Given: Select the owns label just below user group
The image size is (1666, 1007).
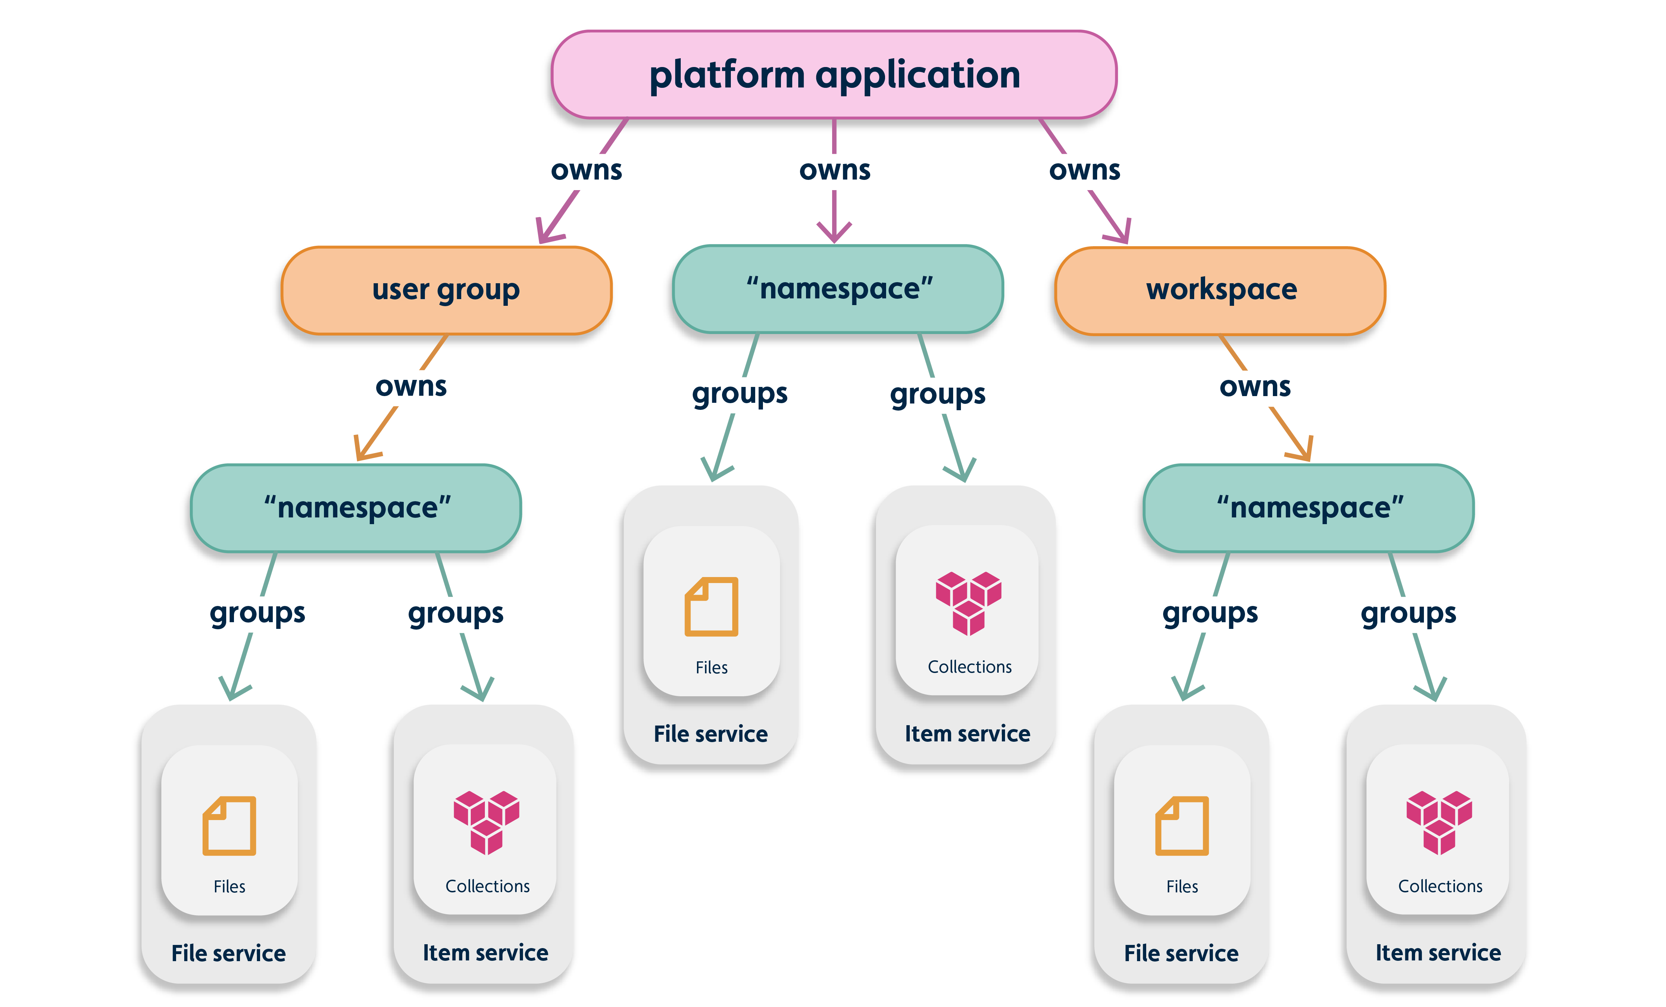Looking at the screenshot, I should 411,387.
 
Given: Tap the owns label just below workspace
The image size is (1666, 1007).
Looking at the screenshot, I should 1255,387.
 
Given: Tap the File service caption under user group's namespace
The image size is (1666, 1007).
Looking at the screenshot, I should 229,953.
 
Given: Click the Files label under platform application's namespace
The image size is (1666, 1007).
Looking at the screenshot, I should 711,668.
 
